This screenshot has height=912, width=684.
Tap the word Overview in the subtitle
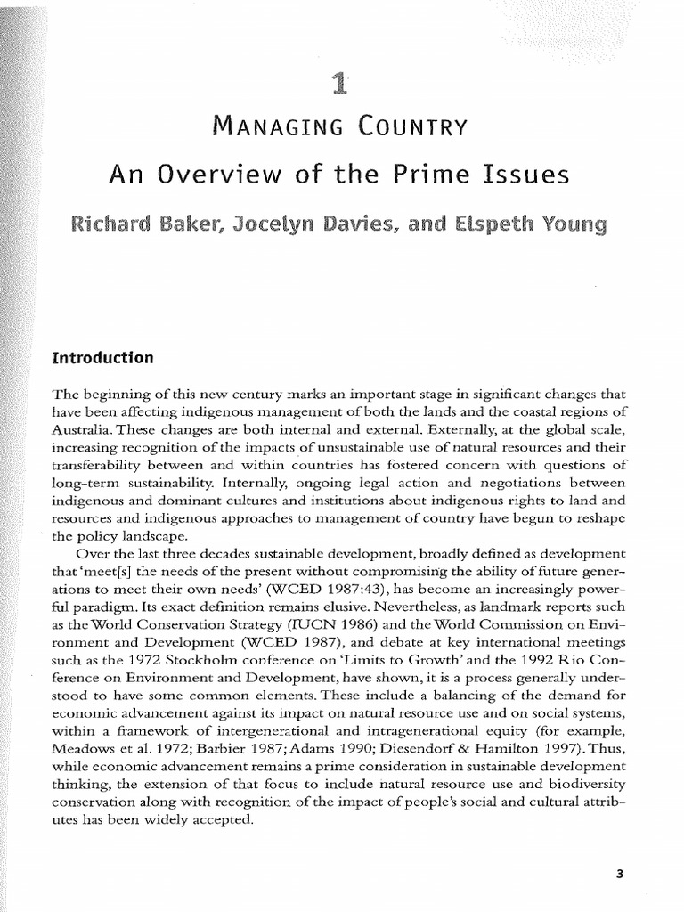212,175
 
